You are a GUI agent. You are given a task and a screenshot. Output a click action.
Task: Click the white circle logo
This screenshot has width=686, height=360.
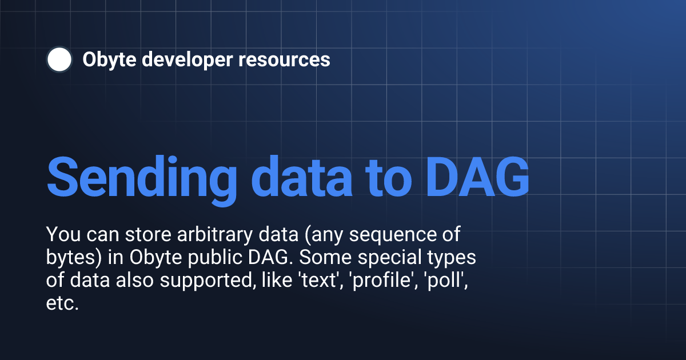(x=59, y=60)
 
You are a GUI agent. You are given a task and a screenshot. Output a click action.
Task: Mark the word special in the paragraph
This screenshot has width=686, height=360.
(x=383, y=258)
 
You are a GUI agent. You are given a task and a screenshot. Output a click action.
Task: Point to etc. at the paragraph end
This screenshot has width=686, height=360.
(x=62, y=303)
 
